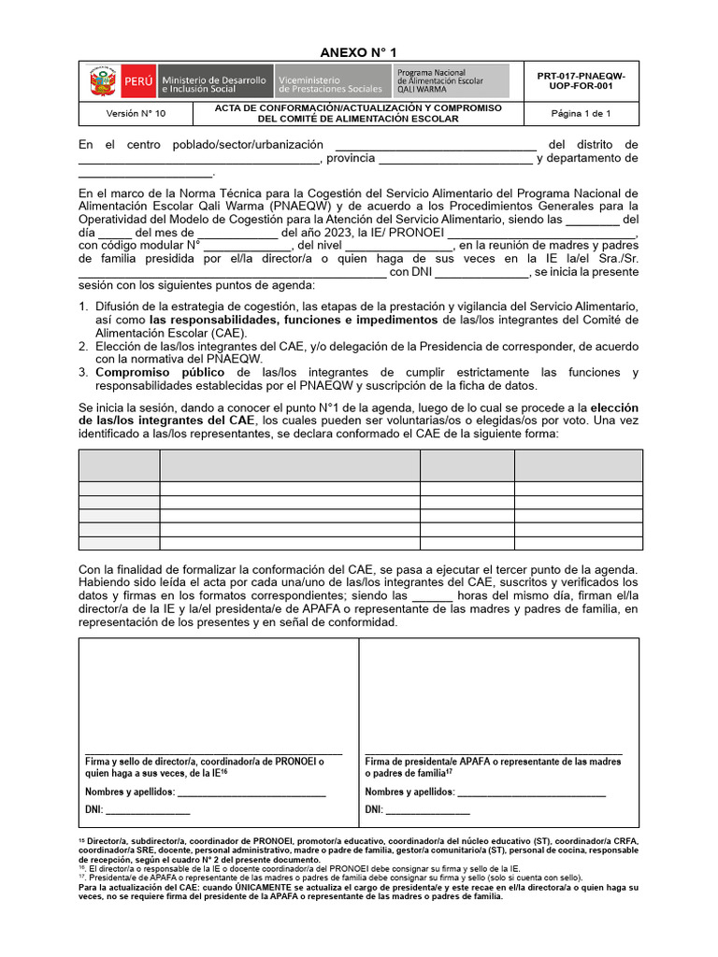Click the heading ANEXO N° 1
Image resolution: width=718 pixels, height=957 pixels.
pyautogui.click(x=359, y=52)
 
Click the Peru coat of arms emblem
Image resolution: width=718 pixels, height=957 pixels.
pyautogui.click(x=102, y=82)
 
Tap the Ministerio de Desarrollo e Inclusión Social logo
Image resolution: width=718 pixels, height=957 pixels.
pyautogui.click(x=215, y=82)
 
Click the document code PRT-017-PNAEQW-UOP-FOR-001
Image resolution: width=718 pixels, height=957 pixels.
pyautogui.click(x=581, y=81)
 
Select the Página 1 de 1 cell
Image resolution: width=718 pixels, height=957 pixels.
pyautogui.click(x=581, y=114)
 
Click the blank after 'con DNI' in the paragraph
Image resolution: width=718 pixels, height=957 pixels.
pyautogui.click(x=481, y=272)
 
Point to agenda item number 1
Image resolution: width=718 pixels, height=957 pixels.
pyautogui.click(x=83, y=307)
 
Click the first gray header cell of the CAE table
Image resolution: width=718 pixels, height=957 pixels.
pyautogui.click(x=119, y=465)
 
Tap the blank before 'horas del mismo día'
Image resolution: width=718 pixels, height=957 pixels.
pyautogui.click(x=432, y=595)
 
